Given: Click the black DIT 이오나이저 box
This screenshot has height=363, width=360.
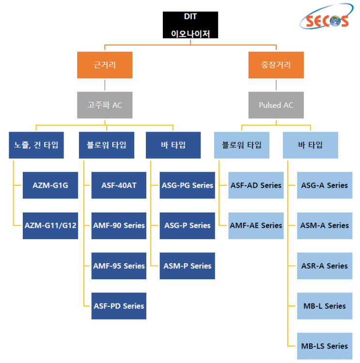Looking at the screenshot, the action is tap(190, 25).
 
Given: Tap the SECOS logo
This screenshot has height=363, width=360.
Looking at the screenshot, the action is tap(327, 16).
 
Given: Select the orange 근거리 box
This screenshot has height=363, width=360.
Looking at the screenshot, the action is tap(105, 65).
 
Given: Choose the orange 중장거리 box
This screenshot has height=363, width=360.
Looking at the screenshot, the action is tap(276, 65).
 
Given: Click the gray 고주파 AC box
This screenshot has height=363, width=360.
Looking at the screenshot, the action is tap(105, 105).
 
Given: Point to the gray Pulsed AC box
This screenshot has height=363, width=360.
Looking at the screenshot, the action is tap(276, 105).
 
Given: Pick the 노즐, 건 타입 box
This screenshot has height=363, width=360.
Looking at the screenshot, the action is tap(36, 145).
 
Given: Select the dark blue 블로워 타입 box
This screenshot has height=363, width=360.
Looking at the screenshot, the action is tap(107, 145).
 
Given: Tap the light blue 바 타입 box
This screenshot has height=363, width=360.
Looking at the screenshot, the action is tap(311, 145).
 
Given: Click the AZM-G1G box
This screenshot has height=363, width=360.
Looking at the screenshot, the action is tap(50, 185).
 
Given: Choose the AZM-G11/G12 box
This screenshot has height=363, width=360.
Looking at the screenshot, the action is tap(50, 226).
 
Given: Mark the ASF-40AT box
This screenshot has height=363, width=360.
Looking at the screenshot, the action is tap(119, 185).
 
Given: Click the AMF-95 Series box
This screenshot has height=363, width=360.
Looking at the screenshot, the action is tap(119, 266).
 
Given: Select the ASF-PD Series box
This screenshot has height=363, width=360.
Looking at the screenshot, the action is tap(119, 306).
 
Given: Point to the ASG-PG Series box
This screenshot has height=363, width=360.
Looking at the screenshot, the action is tap(188, 185).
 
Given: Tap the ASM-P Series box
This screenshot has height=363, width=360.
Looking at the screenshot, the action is tap(188, 266).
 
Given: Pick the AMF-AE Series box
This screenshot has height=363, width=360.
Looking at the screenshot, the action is tap(256, 226).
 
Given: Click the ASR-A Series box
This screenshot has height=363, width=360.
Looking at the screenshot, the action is tap(325, 266).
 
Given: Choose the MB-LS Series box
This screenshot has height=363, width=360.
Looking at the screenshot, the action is tap(325, 346).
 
